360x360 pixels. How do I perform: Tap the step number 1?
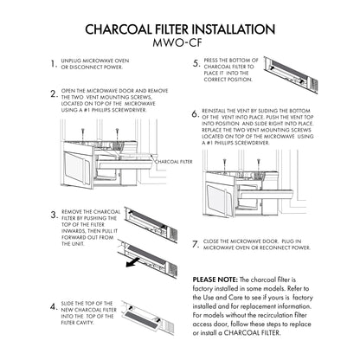54,64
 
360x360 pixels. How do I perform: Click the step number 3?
54,214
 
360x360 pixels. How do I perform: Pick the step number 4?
54,305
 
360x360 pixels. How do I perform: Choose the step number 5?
196,62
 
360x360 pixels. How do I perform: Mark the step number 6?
195,113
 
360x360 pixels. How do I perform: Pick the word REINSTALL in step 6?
218,112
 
